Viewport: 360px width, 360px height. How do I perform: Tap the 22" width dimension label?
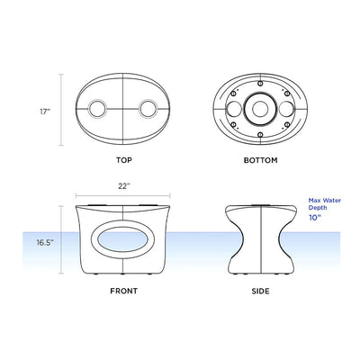coord(123,186)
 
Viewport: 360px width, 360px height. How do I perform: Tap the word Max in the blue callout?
coord(313,201)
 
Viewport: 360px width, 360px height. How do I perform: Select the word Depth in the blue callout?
coord(318,209)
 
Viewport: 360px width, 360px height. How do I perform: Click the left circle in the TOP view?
coord(97,111)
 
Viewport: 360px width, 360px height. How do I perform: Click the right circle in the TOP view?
coord(148,111)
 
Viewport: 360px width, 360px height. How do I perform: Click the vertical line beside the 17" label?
coord(62,112)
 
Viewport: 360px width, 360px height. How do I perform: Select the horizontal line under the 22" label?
coord(123,195)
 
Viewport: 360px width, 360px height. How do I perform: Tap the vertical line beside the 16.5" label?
coord(62,243)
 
